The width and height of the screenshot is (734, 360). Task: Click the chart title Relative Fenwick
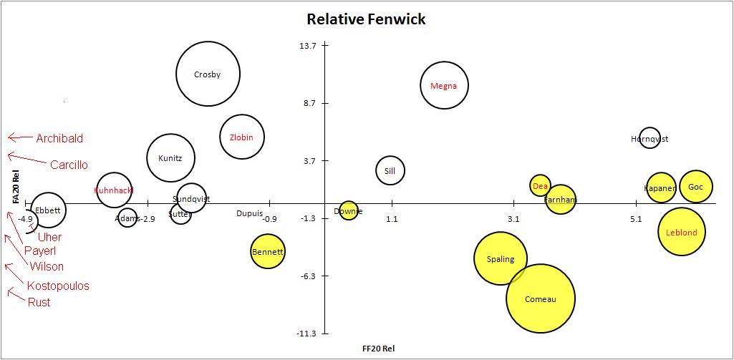[366, 19]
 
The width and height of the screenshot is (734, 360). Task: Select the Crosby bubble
[208, 74]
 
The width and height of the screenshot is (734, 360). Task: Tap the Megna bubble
[444, 85]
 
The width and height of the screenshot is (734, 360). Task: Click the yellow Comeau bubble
[541, 298]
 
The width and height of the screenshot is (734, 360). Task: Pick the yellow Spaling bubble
[500, 258]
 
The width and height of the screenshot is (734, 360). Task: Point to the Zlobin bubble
[241, 137]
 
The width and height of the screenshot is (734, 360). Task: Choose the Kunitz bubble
[170, 158]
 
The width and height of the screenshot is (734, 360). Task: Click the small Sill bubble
[390, 170]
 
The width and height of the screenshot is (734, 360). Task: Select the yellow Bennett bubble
[268, 251]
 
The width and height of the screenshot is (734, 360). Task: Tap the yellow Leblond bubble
[681, 232]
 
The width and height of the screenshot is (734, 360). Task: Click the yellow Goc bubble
[696, 187]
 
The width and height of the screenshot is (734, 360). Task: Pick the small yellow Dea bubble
[540, 185]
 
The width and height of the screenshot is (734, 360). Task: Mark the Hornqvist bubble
[650, 138]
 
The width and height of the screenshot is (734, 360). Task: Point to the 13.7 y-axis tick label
[308, 46]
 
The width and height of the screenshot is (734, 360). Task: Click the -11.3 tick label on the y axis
[306, 334]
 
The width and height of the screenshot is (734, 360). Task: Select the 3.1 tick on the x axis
[513, 218]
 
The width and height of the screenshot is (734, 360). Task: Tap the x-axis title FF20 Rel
[379, 349]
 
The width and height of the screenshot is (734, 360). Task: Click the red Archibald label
[59, 138]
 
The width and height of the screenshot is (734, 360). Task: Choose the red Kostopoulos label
[58, 286]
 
